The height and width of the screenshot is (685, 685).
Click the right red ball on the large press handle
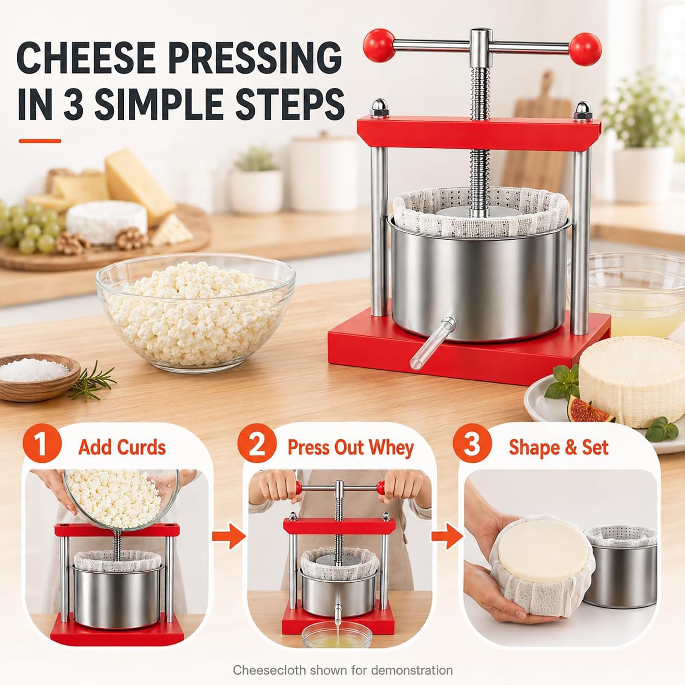pos(585,49)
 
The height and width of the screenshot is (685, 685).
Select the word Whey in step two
pos(391,448)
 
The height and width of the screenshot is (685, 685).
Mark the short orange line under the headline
pos(40,141)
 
